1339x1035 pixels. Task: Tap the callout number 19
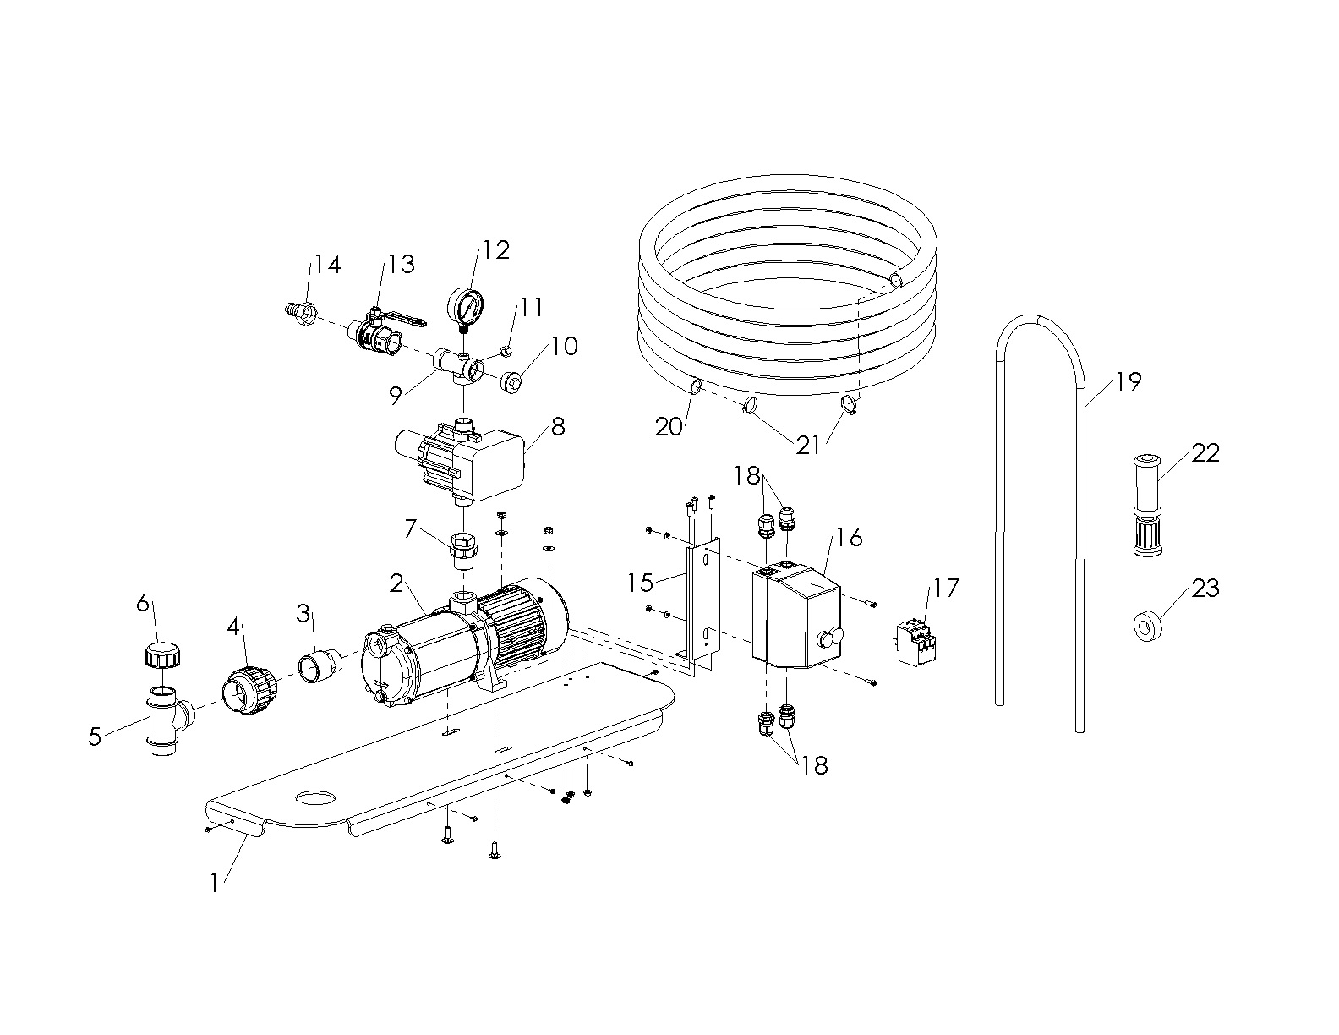1128,382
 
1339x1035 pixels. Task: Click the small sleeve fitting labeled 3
320,665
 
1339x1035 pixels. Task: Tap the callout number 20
668,427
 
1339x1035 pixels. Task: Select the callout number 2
396,583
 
